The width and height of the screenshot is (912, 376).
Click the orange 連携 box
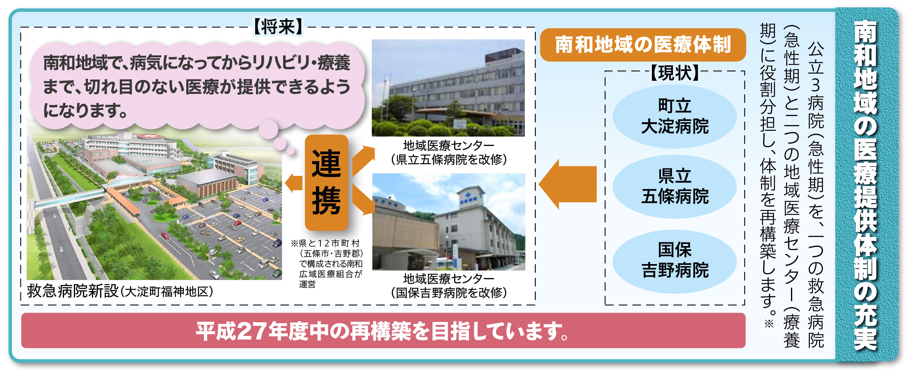click(x=327, y=182)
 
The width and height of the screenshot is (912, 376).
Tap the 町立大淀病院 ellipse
click(x=675, y=116)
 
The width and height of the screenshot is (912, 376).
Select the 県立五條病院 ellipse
click(x=675, y=187)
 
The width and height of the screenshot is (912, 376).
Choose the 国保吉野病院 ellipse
click(x=675, y=261)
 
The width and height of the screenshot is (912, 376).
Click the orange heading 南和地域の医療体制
click(x=643, y=45)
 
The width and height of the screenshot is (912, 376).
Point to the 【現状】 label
click(x=675, y=73)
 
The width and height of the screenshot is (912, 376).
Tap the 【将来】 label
click(x=278, y=27)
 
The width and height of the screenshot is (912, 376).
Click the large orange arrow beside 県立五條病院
click(x=568, y=184)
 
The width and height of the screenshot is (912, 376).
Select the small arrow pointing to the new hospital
click(x=294, y=182)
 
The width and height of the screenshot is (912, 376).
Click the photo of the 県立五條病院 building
click(x=448, y=88)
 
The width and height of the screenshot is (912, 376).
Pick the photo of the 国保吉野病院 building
click(x=448, y=222)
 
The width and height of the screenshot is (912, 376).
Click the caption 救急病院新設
click(x=73, y=291)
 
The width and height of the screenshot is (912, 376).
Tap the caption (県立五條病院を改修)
click(x=449, y=159)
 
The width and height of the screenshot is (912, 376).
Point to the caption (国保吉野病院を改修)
click(x=449, y=292)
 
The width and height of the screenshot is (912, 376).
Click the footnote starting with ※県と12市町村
click(x=327, y=263)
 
